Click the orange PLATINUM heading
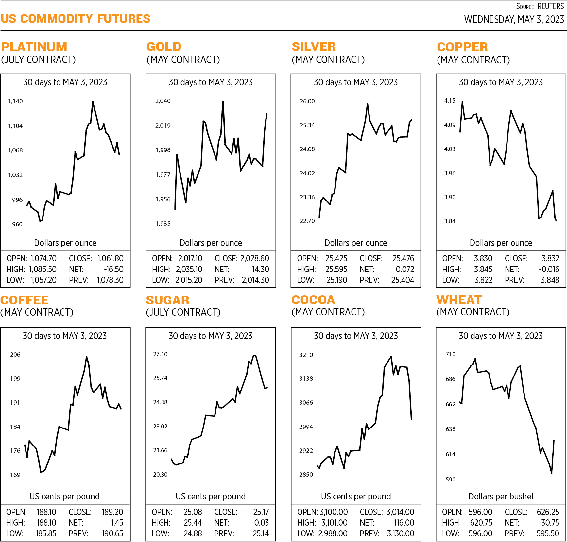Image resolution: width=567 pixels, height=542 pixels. (x=34, y=47)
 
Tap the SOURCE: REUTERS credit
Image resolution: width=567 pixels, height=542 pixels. (x=540, y=6)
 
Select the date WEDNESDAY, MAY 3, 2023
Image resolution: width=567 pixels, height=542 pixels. (x=514, y=19)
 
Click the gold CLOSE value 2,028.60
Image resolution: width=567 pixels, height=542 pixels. (x=254, y=258)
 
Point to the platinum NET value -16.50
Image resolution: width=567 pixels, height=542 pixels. (x=113, y=269)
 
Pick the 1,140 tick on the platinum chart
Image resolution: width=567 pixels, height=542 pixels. (x=15, y=101)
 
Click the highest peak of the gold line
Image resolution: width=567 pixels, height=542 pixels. (x=223, y=102)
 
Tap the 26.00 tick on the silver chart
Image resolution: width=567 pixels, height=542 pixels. (x=307, y=101)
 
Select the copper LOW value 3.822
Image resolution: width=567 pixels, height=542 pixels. (x=483, y=280)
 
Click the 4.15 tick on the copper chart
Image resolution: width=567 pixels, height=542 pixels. (x=450, y=101)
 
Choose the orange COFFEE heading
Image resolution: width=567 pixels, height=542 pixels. (x=25, y=300)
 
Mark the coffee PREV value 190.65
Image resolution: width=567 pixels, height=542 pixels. (x=112, y=533)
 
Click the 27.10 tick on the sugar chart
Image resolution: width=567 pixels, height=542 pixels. (x=160, y=354)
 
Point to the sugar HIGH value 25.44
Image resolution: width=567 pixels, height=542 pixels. (x=193, y=523)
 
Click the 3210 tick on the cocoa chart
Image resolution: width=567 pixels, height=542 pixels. (x=306, y=355)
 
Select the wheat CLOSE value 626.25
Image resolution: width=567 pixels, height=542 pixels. (x=548, y=512)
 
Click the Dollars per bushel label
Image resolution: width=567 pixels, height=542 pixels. (x=501, y=497)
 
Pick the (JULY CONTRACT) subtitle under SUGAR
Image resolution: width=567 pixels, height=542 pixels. (x=183, y=312)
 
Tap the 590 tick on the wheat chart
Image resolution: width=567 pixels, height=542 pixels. (x=450, y=480)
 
